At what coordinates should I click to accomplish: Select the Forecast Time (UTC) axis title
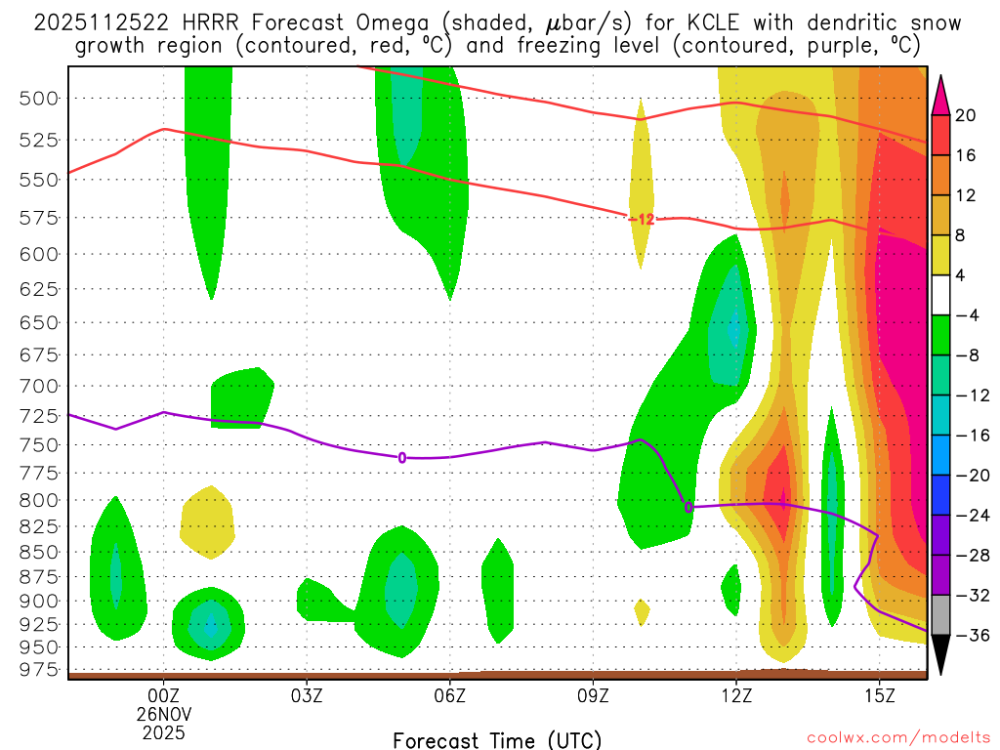click(x=497, y=739)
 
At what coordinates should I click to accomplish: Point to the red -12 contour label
click(x=641, y=219)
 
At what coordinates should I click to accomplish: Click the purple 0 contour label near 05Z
click(x=401, y=457)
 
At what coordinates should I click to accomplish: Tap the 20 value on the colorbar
click(x=966, y=115)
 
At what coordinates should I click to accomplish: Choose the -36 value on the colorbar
click(x=968, y=635)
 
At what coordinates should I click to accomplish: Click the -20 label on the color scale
click(x=968, y=476)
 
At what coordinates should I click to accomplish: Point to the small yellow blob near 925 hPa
click(x=642, y=612)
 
